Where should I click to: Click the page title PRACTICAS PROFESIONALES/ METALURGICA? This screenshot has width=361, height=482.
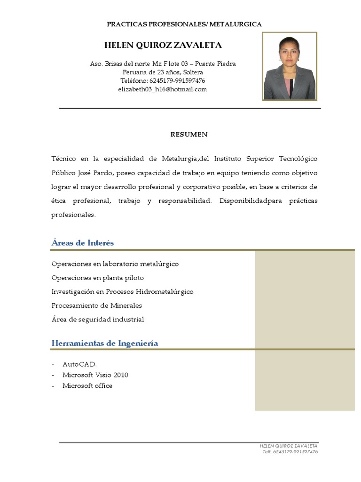click(184, 24)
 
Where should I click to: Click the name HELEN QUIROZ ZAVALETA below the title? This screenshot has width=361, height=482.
click(163, 46)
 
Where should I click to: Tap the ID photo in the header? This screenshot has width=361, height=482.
click(290, 66)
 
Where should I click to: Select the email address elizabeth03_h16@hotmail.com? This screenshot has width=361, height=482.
click(163, 89)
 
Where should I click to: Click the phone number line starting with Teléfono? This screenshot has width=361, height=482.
click(163, 80)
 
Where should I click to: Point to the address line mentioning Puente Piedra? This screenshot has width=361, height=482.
click(163, 64)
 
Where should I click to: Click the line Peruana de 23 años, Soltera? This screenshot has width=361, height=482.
click(163, 72)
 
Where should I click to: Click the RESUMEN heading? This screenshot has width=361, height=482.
click(188, 135)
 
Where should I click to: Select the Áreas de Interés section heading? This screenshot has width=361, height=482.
click(83, 243)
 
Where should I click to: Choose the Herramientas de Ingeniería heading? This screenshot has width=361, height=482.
click(105, 343)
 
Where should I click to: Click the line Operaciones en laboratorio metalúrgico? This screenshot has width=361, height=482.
click(115, 264)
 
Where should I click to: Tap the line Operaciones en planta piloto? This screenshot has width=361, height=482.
click(98, 278)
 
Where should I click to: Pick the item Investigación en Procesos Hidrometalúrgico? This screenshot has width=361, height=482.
click(122, 291)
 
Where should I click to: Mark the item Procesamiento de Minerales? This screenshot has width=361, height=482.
click(97, 305)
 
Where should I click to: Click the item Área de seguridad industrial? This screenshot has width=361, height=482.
click(98, 319)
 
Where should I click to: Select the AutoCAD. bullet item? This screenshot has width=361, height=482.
click(79, 364)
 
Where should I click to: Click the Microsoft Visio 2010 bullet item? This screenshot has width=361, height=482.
click(95, 375)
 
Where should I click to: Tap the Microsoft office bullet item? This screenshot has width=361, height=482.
click(87, 386)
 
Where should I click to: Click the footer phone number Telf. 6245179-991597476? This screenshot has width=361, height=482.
click(290, 452)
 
